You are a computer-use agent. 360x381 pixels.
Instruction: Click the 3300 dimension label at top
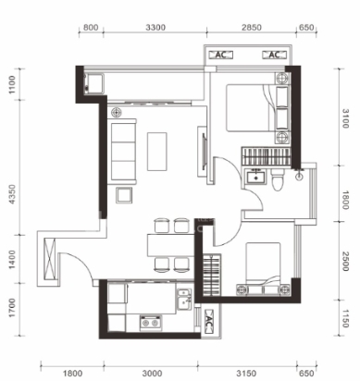point(155,28)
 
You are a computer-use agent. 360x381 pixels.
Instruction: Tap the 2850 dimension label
point(252,28)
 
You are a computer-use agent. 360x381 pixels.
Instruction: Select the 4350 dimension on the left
point(12,194)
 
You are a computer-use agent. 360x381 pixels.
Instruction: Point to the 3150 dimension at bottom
point(246,374)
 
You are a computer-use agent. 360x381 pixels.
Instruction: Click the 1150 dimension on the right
point(345,318)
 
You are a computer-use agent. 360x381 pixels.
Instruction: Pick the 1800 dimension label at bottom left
point(72,374)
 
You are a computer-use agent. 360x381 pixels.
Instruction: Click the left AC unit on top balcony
point(220,55)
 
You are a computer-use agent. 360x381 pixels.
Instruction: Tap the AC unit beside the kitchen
point(208,322)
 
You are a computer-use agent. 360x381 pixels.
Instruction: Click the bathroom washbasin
point(255,178)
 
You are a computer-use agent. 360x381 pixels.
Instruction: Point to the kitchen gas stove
point(151,323)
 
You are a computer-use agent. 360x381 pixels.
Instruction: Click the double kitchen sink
point(184,299)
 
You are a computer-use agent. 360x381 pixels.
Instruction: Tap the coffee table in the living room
point(157,152)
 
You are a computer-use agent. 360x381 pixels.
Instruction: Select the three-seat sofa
point(122,150)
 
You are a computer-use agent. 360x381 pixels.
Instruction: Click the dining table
point(170,245)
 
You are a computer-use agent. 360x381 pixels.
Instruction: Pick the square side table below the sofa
point(124,195)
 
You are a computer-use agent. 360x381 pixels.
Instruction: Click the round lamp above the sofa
point(117,112)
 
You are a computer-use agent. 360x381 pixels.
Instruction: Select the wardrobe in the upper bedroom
point(266,156)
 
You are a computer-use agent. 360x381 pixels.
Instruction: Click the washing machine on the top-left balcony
point(94,83)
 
